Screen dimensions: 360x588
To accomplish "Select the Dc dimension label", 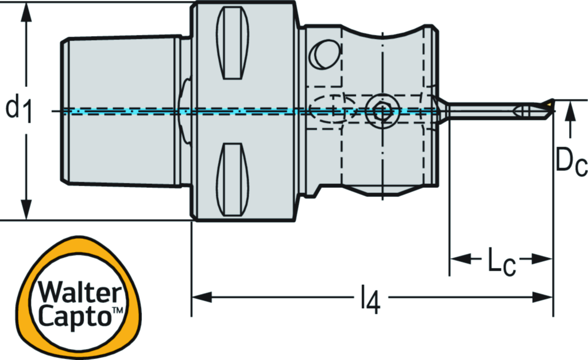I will (570, 163).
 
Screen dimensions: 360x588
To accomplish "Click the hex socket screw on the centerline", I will (380, 109).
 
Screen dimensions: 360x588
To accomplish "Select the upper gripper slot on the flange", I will (234, 43).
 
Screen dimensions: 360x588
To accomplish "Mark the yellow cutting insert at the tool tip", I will (550, 104).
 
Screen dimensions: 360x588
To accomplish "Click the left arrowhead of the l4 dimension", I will (201, 297).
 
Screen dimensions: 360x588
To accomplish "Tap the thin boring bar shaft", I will (482, 110).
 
